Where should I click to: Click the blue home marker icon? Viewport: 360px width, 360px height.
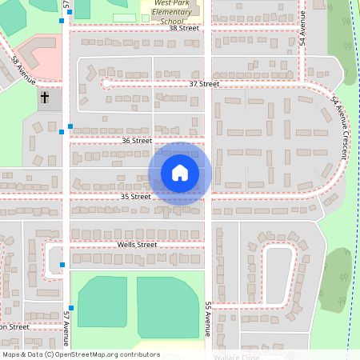(180, 173)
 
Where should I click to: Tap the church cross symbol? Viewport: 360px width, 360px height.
(45, 98)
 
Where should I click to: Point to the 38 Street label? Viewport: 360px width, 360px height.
(184, 28)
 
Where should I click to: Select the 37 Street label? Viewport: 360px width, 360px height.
(204, 84)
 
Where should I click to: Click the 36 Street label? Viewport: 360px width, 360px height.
(137, 141)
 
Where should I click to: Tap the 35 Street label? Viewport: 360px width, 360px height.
(136, 196)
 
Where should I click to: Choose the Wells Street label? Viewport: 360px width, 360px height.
(137, 245)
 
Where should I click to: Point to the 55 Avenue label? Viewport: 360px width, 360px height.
(207, 318)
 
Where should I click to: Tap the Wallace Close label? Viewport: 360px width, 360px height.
(235, 357)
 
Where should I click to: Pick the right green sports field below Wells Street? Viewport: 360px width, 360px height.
(167, 306)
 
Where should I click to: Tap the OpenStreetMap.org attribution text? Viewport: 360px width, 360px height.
(80, 354)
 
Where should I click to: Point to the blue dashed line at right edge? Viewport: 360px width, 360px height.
(350, 240)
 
